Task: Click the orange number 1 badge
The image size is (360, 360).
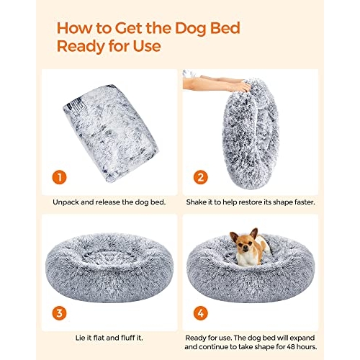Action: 59,177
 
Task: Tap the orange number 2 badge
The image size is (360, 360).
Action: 201,177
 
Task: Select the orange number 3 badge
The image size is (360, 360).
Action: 59,313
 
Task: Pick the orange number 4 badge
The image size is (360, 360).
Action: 201,313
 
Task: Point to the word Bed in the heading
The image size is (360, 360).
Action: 225,28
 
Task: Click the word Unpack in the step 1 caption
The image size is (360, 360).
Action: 66,202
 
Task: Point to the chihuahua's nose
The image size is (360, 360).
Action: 245,251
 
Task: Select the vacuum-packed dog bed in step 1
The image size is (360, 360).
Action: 110,132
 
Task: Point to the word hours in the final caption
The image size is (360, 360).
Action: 307,347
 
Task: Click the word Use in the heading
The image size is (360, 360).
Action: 147,47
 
